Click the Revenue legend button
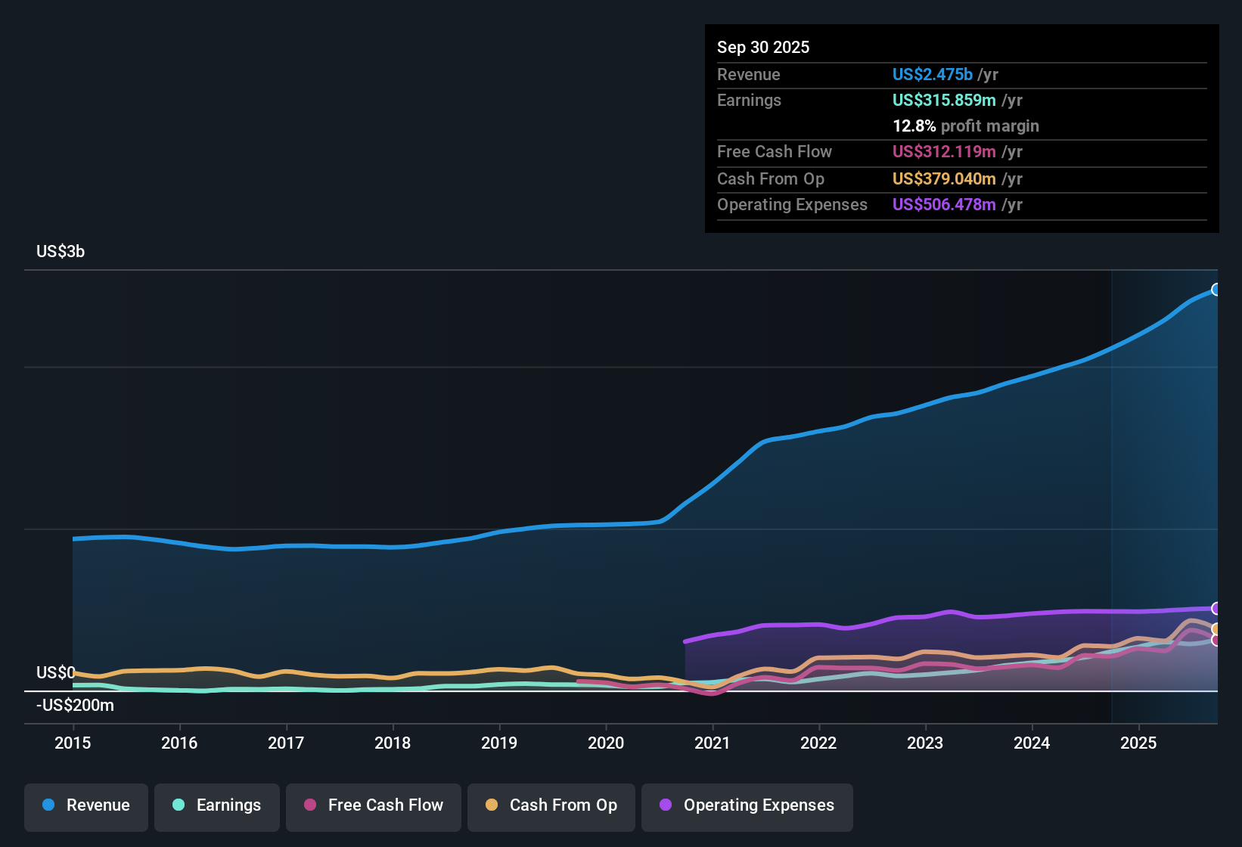tap(86, 806)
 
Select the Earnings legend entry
tap(217, 806)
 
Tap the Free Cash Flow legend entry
tap(374, 806)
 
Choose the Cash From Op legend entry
tap(551, 806)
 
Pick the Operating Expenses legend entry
tap(747, 806)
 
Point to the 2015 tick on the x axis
tap(73, 743)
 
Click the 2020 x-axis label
tap(606, 743)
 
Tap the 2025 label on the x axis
tap(1138, 743)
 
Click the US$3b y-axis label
tap(61, 252)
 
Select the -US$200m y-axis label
tap(75, 706)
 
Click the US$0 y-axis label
tap(55, 673)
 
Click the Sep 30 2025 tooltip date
tap(763, 48)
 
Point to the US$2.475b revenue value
tap(932, 75)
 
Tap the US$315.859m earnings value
tap(944, 101)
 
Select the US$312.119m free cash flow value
tap(944, 152)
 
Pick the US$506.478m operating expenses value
tap(944, 205)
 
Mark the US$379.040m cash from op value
tap(944, 179)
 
